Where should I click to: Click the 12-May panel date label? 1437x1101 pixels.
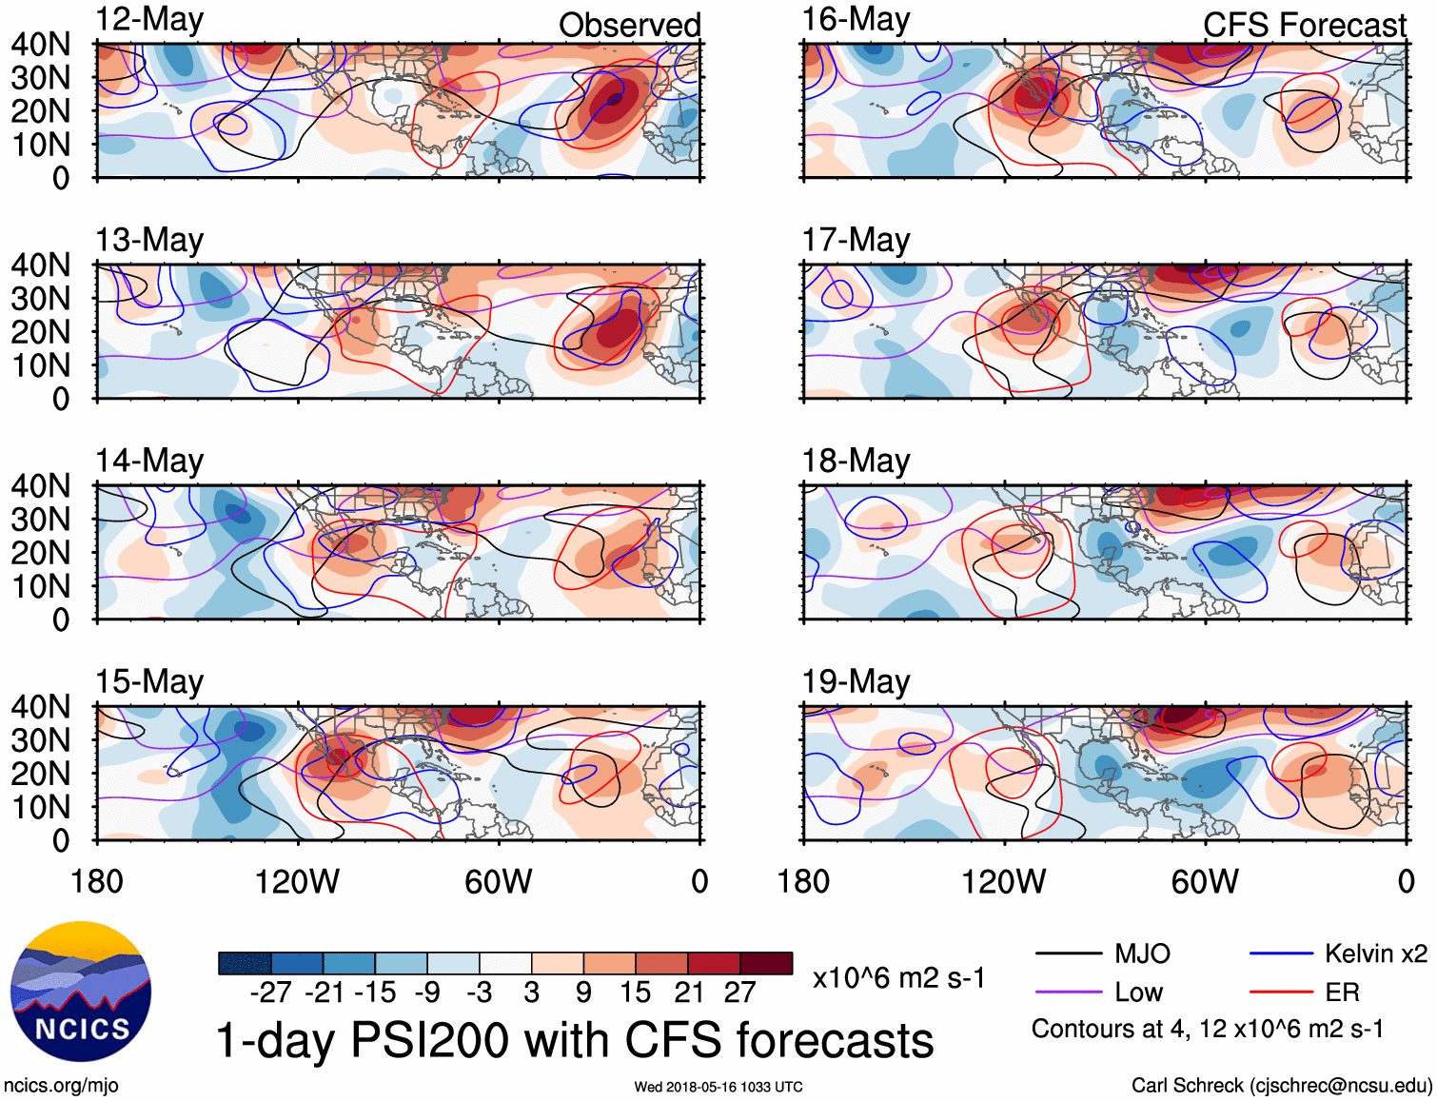tap(149, 20)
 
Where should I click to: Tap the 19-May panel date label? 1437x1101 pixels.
tap(856, 681)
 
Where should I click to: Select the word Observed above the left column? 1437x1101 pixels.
tap(629, 25)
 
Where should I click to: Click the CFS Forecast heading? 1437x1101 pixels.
tap(1304, 25)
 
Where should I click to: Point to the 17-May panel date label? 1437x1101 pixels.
tap(856, 240)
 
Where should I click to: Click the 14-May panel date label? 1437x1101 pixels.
tap(149, 461)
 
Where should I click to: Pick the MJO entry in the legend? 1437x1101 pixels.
tap(1142, 954)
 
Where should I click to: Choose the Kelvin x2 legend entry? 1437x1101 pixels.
tap(1375, 954)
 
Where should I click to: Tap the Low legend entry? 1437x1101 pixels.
tap(1138, 993)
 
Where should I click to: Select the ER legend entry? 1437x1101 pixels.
tap(1342, 993)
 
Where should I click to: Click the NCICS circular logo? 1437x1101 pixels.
tap(81, 992)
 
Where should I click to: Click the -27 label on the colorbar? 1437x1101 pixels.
tap(270, 993)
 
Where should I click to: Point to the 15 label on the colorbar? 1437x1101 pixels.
tap(635, 993)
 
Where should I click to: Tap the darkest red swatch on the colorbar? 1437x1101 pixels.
tap(766, 963)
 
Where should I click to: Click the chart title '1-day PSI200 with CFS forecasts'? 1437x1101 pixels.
tap(575, 1039)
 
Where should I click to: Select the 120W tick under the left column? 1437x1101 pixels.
tap(297, 881)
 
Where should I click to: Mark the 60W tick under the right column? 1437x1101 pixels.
tap(1205, 881)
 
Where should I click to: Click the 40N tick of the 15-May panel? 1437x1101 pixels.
tap(40, 707)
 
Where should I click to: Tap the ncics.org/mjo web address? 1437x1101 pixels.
tap(61, 1085)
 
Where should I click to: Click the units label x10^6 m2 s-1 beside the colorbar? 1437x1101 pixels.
tap(898, 977)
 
